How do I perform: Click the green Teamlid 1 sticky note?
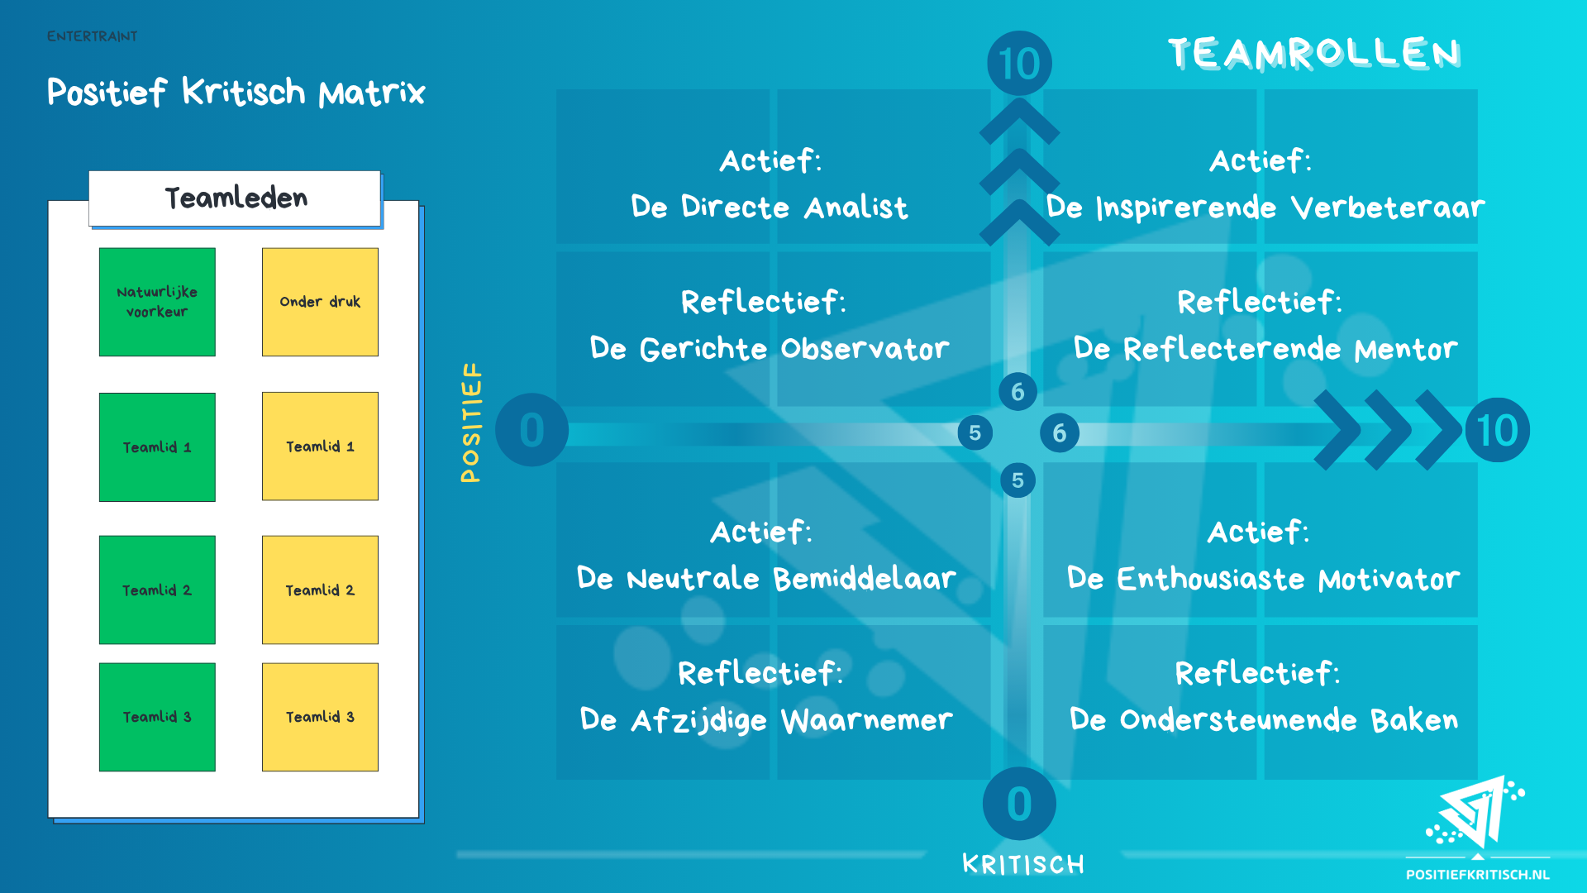tap(157, 447)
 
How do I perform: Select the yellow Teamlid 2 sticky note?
tap(320, 590)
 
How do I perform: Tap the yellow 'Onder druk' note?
tap(320, 302)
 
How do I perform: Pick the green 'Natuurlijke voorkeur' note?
tap(157, 302)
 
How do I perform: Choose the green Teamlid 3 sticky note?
tap(157, 717)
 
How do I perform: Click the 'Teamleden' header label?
tap(236, 198)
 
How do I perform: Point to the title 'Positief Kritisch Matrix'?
tap(236, 92)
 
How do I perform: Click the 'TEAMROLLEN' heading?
tap(1314, 54)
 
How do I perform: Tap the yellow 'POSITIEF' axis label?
tap(471, 423)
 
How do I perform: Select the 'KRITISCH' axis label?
tap(1023, 865)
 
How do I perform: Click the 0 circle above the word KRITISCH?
tap(1019, 804)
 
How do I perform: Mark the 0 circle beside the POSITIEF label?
tap(531, 430)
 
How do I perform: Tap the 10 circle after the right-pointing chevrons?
tap(1497, 431)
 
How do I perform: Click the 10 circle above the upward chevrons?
tap(1019, 64)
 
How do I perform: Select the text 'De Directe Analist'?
tap(770, 207)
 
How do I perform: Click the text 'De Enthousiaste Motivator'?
tap(1263, 579)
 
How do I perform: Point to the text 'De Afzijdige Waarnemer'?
tap(766, 720)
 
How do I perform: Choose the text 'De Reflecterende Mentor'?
tap(1265, 349)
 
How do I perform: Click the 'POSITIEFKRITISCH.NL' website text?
tap(1478, 875)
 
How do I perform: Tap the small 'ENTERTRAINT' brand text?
tap(92, 36)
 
